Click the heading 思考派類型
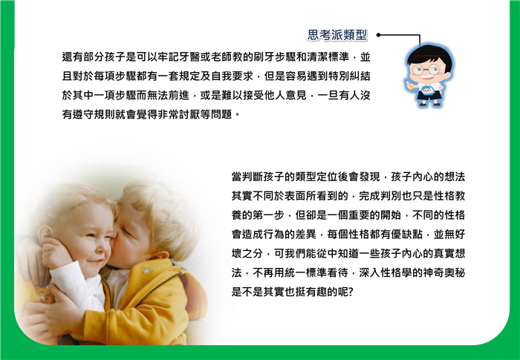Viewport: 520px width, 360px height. point(337,35)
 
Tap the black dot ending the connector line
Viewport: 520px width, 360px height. point(378,35)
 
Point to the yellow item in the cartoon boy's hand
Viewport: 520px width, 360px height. point(410,85)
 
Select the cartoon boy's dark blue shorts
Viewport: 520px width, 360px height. point(429,95)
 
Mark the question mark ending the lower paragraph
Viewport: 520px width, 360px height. point(351,292)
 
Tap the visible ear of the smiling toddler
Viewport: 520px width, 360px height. point(45,236)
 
